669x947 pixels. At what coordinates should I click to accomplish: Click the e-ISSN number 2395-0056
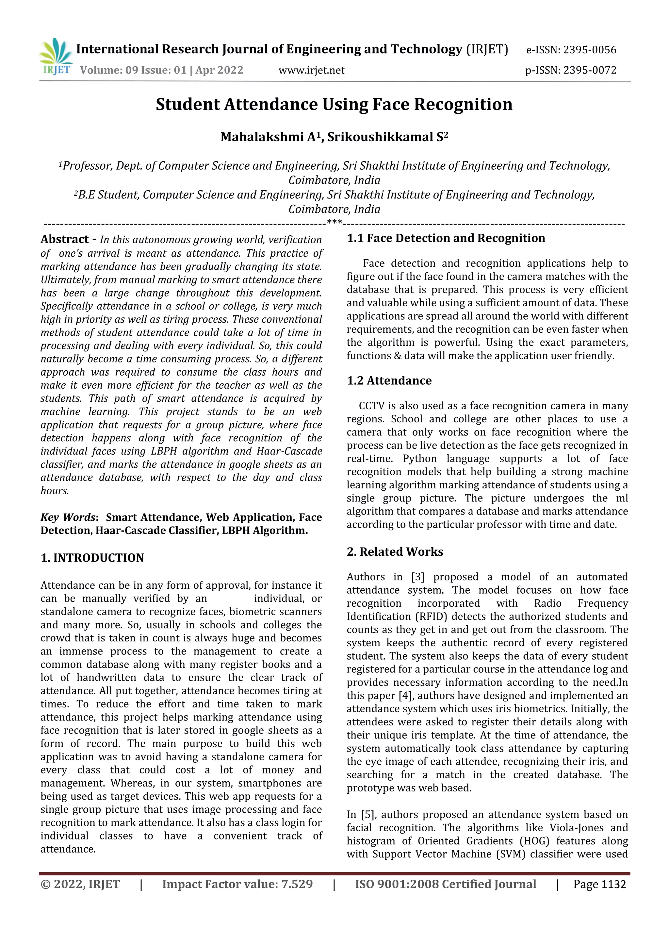tap(589, 50)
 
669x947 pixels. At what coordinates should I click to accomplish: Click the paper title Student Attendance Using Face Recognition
tap(334, 104)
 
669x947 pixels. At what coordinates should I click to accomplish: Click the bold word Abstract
tap(65, 239)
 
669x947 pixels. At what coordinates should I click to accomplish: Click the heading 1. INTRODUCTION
tap(92, 558)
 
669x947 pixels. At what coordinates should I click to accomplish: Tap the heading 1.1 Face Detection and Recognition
tap(446, 238)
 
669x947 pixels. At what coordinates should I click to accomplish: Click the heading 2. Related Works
tap(395, 551)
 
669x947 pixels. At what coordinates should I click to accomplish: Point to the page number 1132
tap(613, 884)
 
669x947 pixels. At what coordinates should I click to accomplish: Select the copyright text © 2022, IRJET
tap(80, 884)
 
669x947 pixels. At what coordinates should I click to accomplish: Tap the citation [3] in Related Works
tap(417, 577)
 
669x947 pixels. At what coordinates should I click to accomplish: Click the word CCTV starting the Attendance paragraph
tap(371, 406)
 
